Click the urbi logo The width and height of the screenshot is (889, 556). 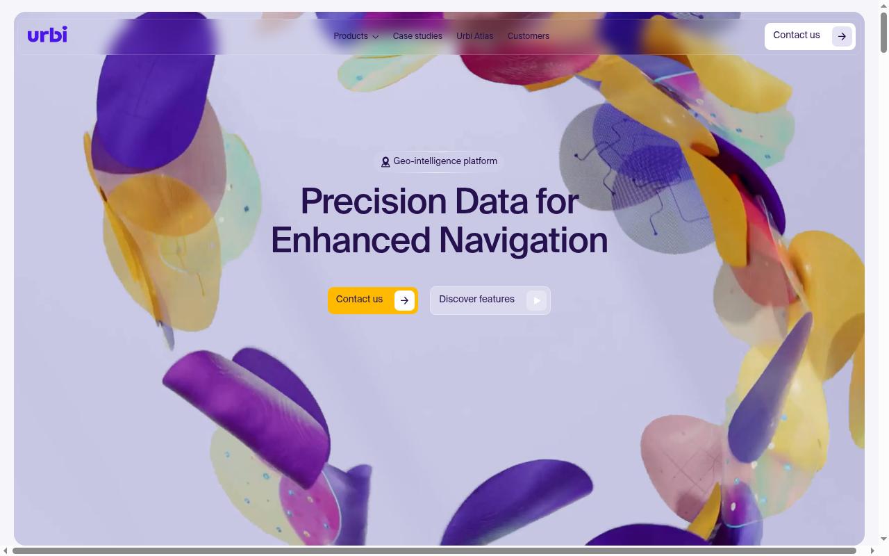point(47,35)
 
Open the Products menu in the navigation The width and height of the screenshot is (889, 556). point(356,36)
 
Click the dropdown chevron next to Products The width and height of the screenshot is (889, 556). point(376,37)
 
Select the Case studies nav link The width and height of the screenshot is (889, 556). point(417,36)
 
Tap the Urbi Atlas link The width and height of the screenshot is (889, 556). point(474,36)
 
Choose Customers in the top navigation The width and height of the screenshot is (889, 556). point(529,36)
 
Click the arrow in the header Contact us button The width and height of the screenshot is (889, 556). point(842,37)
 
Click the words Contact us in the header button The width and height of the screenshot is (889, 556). point(796,35)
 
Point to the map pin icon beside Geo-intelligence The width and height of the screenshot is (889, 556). point(385,162)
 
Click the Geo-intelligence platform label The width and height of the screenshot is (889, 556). point(445,161)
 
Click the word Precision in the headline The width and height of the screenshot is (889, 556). point(374,202)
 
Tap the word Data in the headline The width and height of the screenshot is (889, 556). point(491,202)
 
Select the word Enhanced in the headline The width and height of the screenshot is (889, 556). point(351,240)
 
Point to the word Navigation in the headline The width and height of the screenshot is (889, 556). point(523,241)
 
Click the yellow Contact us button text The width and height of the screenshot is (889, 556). point(359,299)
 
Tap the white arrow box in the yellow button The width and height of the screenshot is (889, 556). point(404,301)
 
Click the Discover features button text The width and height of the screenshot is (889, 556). point(476,299)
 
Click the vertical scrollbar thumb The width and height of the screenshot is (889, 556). point(883,33)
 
